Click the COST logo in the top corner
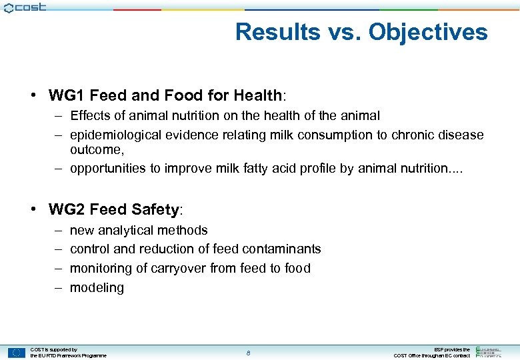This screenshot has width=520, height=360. [x=25, y=7]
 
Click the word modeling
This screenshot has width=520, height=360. [x=97, y=287]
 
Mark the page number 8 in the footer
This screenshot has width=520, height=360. [x=248, y=353]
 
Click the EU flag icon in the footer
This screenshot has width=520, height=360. [x=17, y=353]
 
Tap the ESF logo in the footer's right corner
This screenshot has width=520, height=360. [x=493, y=352]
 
